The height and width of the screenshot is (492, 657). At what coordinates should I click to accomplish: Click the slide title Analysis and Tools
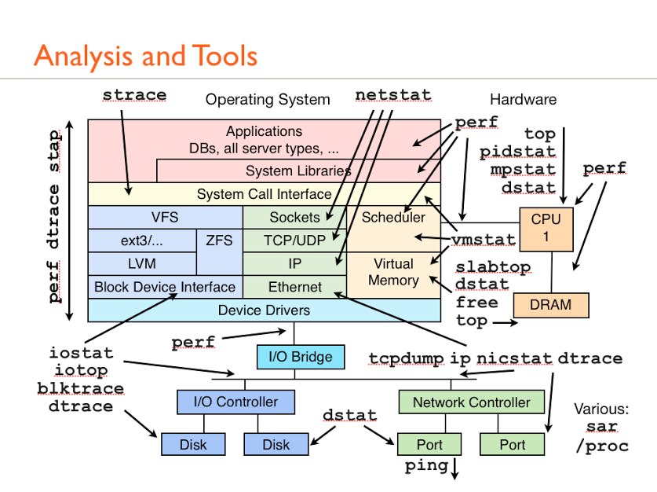click(145, 56)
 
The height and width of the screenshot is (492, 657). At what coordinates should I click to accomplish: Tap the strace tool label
click(135, 95)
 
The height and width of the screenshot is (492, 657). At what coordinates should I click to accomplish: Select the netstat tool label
click(393, 95)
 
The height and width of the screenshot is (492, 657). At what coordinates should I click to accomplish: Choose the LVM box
click(141, 263)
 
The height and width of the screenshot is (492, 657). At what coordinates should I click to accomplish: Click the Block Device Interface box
click(165, 287)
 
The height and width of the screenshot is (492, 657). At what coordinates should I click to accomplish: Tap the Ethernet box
click(294, 287)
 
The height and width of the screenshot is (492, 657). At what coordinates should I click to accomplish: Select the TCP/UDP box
click(294, 240)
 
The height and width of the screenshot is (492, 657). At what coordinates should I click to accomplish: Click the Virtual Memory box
click(393, 272)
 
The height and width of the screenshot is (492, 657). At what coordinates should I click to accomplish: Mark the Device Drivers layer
click(264, 310)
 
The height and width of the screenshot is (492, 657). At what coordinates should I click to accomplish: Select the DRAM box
click(549, 304)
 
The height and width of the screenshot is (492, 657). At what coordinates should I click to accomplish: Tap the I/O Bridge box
click(301, 357)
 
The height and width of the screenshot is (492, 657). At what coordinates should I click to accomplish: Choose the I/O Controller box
click(235, 402)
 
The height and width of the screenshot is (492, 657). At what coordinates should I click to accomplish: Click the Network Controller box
click(471, 402)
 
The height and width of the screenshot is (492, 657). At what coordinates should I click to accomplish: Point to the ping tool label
click(426, 466)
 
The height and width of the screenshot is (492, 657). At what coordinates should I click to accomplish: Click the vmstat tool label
click(484, 239)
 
